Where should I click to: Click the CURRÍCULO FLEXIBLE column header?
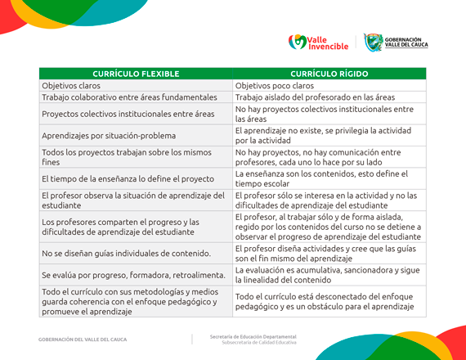click(x=136, y=74)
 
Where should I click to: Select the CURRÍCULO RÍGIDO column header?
click(x=329, y=74)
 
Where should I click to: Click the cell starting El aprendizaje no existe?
click(x=329, y=135)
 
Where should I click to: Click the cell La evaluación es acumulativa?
click(x=329, y=274)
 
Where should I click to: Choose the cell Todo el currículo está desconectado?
click(x=329, y=302)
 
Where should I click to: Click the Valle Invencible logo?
click(x=318, y=42)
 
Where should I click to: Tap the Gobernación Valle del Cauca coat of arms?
click(x=373, y=42)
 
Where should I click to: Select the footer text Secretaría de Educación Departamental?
click(x=253, y=336)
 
